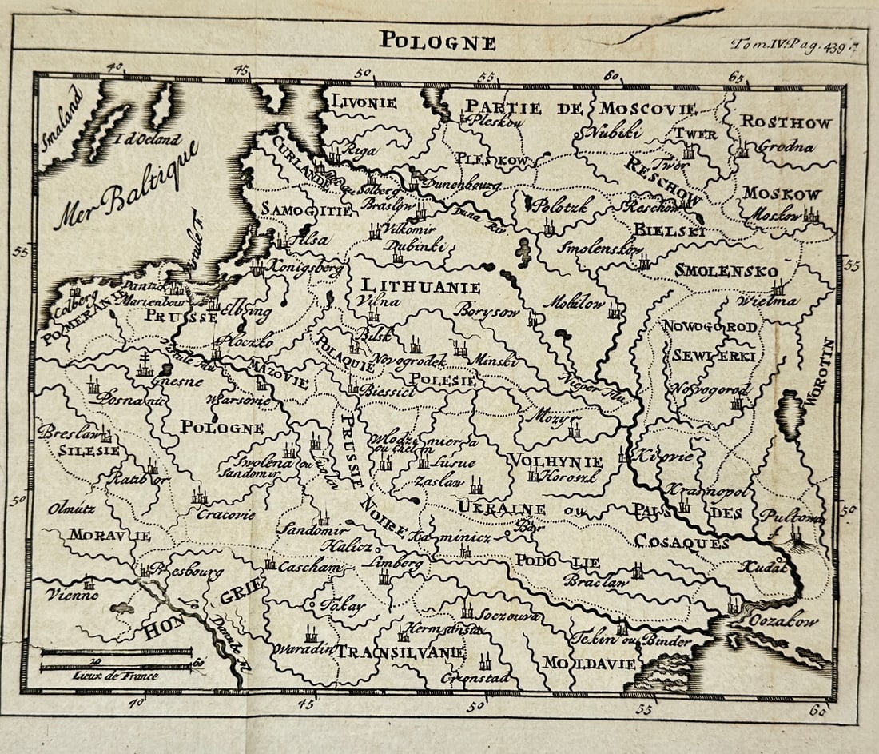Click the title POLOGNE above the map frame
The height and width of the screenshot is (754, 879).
tap(437, 41)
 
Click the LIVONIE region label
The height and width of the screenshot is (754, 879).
tap(364, 102)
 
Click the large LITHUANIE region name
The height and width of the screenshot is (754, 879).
tap(420, 287)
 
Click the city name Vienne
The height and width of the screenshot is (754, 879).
tap(72, 595)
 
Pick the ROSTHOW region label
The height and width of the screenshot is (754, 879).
tap(786, 122)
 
